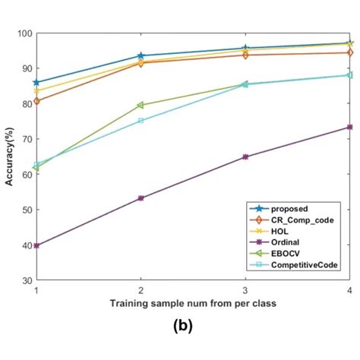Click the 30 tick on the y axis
click(x=26, y=280)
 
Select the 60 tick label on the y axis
click(x=26, y=175)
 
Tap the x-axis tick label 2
click(x=141, y=290)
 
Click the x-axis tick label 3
click(x=245, y=290)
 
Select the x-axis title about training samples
click(x=193, y=303)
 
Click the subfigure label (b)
click(x=182, y=327)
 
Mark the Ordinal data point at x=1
click(x=36, y=245)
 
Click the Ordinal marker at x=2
click(x=141, y=198)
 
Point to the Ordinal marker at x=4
click(x=349, y=127)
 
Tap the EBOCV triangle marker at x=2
click(x=141, y=105)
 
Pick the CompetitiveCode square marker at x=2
click(x=141, y=121)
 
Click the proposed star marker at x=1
click(x=36, y=83)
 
